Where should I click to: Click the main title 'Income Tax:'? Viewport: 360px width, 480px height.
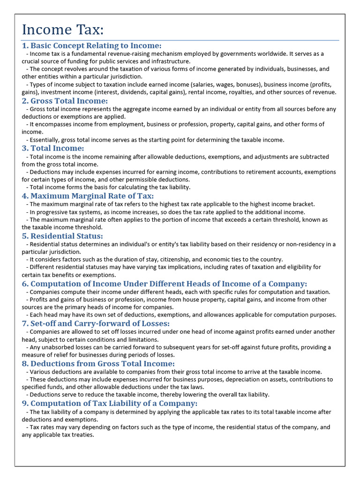[x=62, y=30]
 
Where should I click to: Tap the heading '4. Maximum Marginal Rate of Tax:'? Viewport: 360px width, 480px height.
[x=88, y=196]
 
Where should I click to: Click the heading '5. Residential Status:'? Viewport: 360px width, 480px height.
[x=62, y=236]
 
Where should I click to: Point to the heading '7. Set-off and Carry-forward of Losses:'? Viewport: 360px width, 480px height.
[x=96, y=323]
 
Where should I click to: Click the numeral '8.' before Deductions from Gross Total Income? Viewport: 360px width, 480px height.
[x=25, y=364]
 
